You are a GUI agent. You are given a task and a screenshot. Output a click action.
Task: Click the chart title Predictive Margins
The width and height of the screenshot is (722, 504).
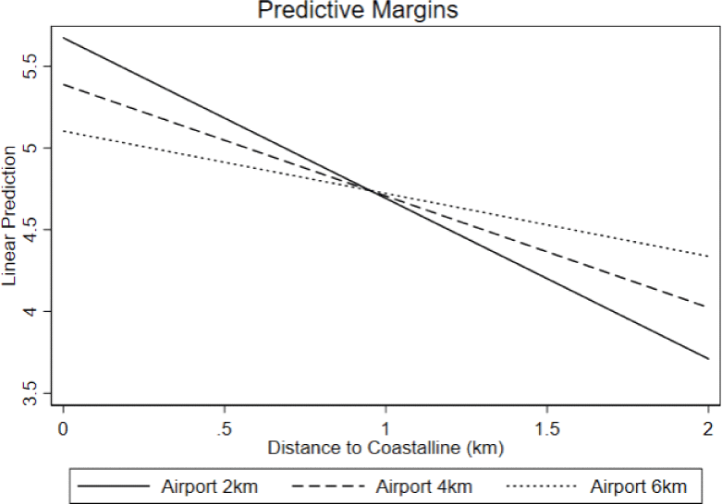[x=359, y=11]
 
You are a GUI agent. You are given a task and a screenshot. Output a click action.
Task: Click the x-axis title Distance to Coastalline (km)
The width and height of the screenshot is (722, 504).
[x=385, y=449]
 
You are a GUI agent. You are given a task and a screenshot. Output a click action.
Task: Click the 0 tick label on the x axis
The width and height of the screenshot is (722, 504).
[x=63, y=427]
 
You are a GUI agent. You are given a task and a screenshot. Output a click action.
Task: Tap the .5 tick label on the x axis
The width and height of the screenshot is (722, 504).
[x=223, y=427]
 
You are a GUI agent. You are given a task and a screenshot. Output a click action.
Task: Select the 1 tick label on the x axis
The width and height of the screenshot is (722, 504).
[x=385, y=427]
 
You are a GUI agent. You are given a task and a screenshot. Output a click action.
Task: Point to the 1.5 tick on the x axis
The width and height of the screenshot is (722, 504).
[x=546, y=427]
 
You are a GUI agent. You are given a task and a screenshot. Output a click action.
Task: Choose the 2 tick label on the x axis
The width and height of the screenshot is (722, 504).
[x=707, y=427]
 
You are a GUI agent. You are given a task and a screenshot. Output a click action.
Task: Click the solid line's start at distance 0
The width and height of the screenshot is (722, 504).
[x=63, y=38]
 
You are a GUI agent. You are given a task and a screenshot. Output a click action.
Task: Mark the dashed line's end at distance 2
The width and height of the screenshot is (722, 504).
[x=707, y=306]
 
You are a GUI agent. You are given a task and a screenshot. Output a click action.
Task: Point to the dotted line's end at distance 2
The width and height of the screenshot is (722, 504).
[x=707, y=256]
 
